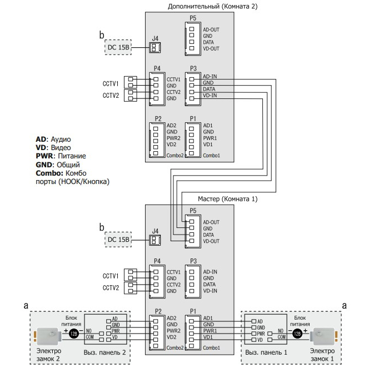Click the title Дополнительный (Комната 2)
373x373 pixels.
pos(212,7)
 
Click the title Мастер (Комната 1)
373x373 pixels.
pos(228,199)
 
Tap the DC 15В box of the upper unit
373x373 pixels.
pos(118,47)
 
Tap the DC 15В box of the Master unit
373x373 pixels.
pos(118,240)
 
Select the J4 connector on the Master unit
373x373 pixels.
pos(155,240)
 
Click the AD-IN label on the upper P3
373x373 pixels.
pos(210,76)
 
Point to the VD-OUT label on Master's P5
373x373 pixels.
pos(211,241)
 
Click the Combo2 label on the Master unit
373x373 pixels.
pos(175,348)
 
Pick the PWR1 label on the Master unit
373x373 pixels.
pos(210,331)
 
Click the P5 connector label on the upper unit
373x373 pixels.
pos(193,18)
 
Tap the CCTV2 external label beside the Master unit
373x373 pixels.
pos(111,288)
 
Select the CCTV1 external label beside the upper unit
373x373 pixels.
pos(111,84)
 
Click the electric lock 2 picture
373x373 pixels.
pos(48,336)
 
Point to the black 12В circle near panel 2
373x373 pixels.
pos(74,334)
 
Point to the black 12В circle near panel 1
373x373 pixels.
pos(297,334)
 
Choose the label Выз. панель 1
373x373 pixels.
pos(266,352)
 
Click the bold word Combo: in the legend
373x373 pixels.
pos(49,173)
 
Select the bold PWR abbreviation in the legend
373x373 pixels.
pos(44,156)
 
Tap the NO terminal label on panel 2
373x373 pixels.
pos(89,331)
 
